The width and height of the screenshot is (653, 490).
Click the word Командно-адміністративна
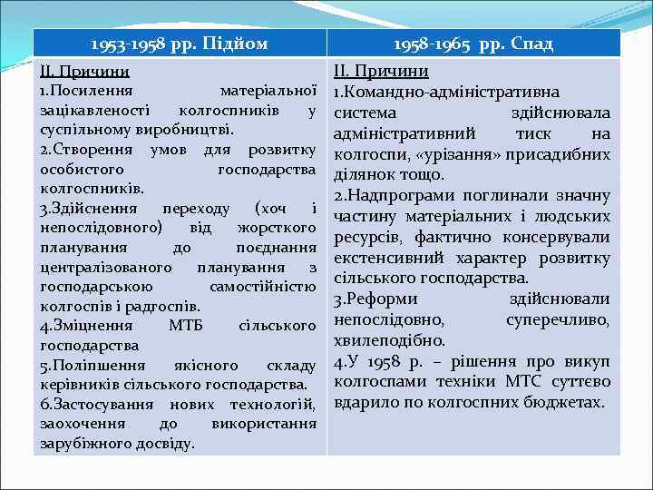[450, 93]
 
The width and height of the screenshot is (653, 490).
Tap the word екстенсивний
[385, 258]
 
